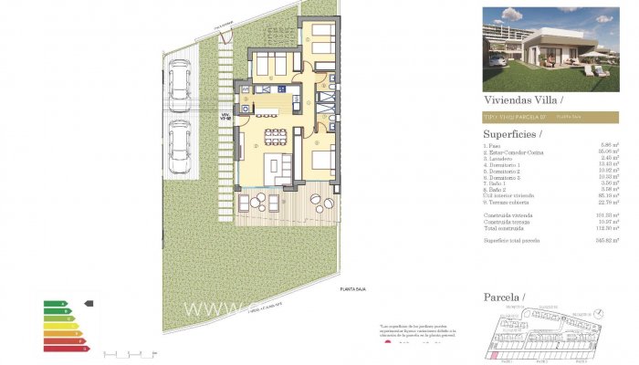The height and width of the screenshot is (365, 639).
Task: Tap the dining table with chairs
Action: (276, 137)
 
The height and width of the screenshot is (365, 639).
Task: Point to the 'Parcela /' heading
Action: (505, 297)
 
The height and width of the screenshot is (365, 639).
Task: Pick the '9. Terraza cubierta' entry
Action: (510, 202)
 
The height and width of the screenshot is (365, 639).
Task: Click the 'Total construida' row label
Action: (505, 227)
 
